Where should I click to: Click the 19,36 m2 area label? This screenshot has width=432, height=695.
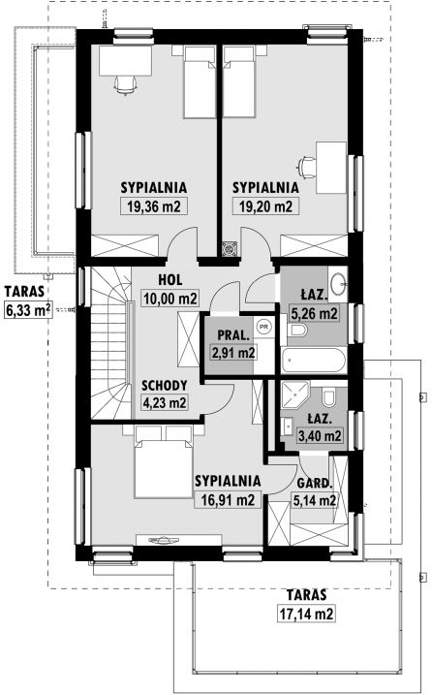(154, 206)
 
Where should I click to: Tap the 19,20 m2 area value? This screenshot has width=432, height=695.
(265, 206)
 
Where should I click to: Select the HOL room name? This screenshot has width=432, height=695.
(170, 280)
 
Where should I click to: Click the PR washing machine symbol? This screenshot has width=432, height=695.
(264, 327)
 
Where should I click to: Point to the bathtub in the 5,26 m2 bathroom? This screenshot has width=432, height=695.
(314, 360)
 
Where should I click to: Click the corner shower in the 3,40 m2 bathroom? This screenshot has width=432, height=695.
(294, 395)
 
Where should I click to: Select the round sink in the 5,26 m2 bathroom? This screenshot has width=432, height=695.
(340, 282)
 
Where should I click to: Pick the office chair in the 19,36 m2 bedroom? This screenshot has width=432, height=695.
(126, 84)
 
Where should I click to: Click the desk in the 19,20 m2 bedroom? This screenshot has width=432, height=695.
(330, 168)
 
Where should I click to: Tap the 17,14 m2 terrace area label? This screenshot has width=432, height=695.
(306, 614)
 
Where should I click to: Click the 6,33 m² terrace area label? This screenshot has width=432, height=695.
(28, 309)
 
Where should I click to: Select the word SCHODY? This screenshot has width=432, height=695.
(164, 385)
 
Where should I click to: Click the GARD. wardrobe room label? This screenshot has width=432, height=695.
(314, 483)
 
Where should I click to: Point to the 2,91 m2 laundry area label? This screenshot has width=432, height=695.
(233, 353)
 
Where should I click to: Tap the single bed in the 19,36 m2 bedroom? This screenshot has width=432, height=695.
(200, 82)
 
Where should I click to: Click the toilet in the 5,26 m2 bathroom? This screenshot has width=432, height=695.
(296, 331)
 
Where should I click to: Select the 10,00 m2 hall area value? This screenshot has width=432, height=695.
(170, 299)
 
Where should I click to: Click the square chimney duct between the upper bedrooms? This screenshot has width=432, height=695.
(231, 249)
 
